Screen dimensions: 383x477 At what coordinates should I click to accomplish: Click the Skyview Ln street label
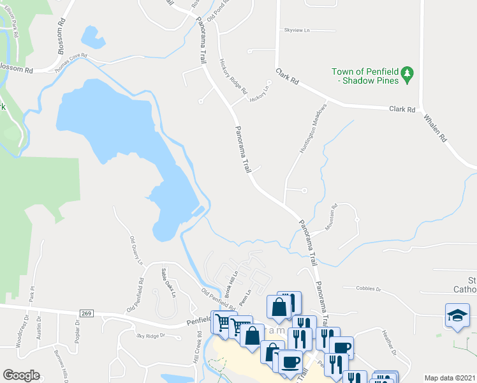point(297,30)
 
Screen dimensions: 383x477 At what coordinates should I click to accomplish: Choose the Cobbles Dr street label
point(368,289)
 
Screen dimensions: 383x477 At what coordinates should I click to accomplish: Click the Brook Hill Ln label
point(231,282)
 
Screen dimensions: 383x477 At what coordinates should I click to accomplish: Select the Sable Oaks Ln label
point(167,281)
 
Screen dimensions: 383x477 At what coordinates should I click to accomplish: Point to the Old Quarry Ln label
point(136,250)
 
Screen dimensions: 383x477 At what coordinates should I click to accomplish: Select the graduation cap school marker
point(457,315)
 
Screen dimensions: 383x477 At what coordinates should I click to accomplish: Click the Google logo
point(21,375)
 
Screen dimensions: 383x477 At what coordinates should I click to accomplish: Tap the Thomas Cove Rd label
point(71,62)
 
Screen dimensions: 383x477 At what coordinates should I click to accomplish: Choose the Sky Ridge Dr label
point(150,335)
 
